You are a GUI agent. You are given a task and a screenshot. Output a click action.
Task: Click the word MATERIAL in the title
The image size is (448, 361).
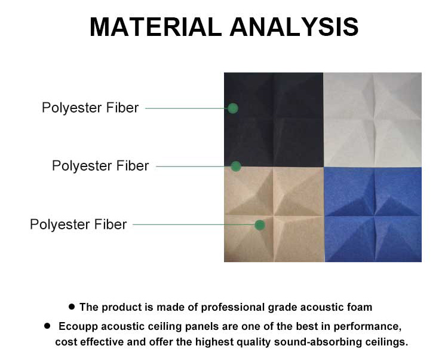pos(156,27)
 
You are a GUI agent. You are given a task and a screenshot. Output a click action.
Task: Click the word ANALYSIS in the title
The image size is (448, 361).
pos(294,27)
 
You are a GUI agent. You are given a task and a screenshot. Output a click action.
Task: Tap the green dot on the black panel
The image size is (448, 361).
pos(233,108)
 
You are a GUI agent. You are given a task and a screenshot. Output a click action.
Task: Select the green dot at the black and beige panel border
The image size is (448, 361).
pos(236,166)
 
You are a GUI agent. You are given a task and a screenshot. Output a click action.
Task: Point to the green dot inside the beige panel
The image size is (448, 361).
pos(260,225)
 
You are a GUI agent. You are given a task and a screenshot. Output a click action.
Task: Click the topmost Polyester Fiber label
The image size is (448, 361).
pos(90,108)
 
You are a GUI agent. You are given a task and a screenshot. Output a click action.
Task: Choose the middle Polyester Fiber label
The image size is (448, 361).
pos(100,166)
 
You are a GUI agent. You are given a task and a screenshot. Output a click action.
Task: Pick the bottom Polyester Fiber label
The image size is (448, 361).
pos(78,225)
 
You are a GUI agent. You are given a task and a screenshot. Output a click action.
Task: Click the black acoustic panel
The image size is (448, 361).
pos(274,120)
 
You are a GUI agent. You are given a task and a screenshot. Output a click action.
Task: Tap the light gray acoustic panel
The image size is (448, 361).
pos(372,120)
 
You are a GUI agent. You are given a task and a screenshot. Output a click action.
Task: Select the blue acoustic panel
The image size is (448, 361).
pos(373,215)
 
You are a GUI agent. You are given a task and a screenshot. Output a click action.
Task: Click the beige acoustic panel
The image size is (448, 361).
pos(274,215)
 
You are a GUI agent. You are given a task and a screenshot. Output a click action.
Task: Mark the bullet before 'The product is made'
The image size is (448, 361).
pos(72,307)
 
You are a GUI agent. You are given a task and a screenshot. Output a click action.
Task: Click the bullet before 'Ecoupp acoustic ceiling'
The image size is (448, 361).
pos(47,326)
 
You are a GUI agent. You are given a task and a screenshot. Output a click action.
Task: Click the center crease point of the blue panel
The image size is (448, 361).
pos(374,216)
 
